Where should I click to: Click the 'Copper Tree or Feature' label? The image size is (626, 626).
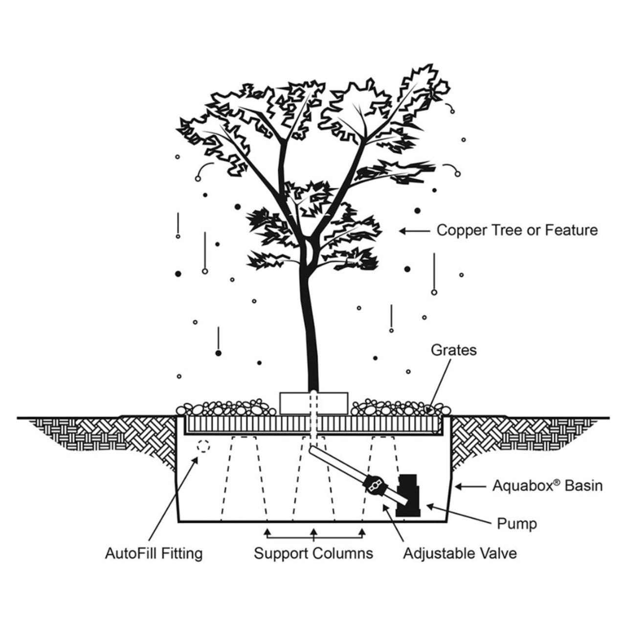(x=516, y=230)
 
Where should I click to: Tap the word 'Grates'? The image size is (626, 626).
(x=453, y=350)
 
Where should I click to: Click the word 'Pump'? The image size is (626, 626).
(x=517, y=524)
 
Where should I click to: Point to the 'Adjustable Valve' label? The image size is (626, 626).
(x=460, y=554)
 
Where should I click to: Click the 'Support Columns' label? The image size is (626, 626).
(x=313, y=554)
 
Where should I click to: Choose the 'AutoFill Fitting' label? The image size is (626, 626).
(x=154, y=554)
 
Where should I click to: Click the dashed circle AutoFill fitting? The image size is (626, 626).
(x=202, y=446)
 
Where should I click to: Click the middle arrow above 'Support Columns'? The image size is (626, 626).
(x=314, y=533)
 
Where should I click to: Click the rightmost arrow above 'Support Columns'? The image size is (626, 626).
(x=362, y=533)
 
